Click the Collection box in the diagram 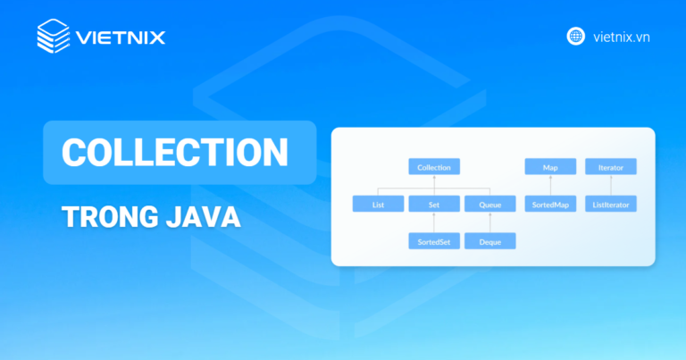pos(434,167)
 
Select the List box pos(378,205)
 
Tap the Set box pos(434,205)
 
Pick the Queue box pos(489,205)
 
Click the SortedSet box pos(434,241)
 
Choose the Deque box pos(489,241)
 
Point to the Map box pos(549,167)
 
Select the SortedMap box pos(549,205)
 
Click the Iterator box pos(611,167)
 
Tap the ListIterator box pos(611,205)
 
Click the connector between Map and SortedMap pos(549,186)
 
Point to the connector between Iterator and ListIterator pos(611,186)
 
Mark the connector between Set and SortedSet pos(434,223)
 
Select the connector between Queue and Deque pos(489,223)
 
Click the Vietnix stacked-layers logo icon pos(54,37)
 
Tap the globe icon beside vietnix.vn pos(576,37)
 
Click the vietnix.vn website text pos(620,37)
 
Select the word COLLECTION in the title pos(174,152)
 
